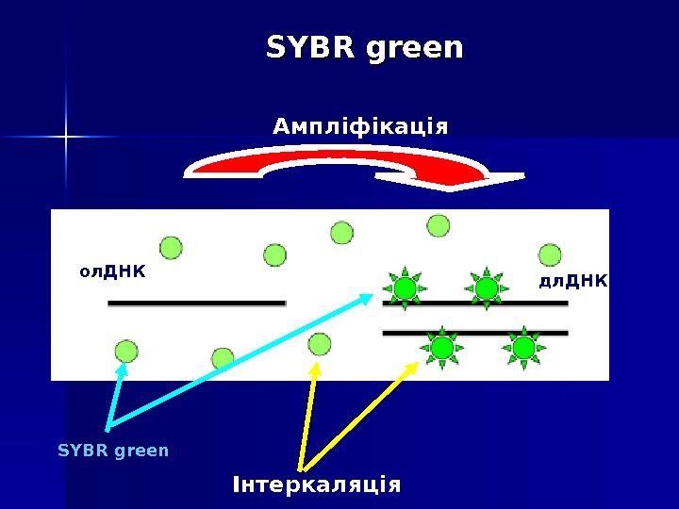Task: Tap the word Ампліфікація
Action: click(x=359, y=125)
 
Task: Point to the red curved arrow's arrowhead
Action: click(x=453, y=178)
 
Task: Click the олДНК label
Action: click(x=112, y=271)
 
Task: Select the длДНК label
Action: click(x=572, y=280)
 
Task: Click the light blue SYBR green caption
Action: click(x=113, y=451)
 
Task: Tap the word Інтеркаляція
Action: click(x=316, y=484)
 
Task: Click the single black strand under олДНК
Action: click(x=196, y=304)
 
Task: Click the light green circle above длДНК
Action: click(x=550, y=254)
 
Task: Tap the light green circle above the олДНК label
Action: click(x=170, y=247)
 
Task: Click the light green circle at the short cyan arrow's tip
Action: click(x=125, y=352)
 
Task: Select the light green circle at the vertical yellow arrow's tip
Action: click(x=320, y=344)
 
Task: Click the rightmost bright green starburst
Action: click(x=523, y=349)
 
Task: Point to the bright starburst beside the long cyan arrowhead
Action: click(x=405, y=288)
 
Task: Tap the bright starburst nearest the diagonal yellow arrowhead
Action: click(x=441, y=349)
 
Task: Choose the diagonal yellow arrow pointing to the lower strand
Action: click(x=358, y=416)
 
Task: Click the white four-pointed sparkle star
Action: click(x=66, y=138)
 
